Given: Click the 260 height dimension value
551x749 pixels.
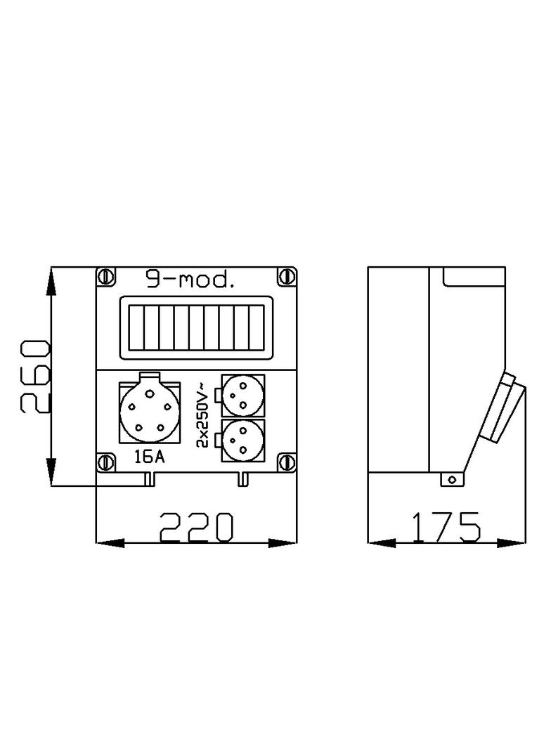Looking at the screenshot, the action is pyautogui.click(x=35, y=377).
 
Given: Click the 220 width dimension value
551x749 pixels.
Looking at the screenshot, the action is pyautogui.click(x=196, y=528).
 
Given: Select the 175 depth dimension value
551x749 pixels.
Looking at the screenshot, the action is pyautogui.click(x=446, y=528).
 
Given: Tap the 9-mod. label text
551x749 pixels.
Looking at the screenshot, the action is pyautogui.click(x=190, y=280).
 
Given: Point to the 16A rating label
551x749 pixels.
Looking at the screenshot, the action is pyautogui.click(x=149, y=457).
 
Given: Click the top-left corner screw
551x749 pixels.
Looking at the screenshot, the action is pyautogui.click(x=106, y=277).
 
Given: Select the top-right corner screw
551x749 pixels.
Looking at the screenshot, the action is pyautogui.click(x=287, y=277).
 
